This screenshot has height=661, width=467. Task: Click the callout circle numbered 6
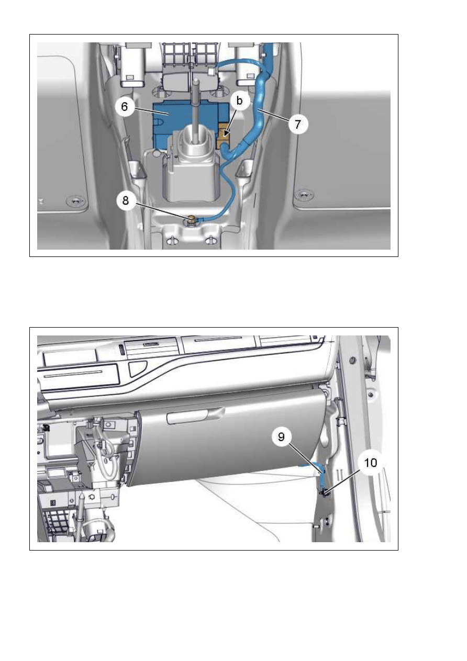point(125,107)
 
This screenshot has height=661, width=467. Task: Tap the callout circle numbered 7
point(297,124)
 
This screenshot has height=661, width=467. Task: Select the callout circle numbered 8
point(126,200)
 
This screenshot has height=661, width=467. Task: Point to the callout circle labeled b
point(239,101)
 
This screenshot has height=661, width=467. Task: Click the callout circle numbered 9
point(281,436)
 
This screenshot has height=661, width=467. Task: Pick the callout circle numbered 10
point(371,463)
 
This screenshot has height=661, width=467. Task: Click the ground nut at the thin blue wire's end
point(191,219)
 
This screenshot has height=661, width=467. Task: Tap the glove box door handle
point(195,416)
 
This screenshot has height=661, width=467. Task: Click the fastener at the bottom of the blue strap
point(325,492)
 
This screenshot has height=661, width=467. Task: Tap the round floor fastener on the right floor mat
point(304,195)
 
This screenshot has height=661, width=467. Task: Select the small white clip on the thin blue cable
point(212,71)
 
